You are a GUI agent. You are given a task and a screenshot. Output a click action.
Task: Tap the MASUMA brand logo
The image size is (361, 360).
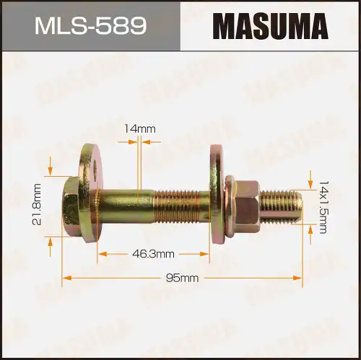(x=269, y=26)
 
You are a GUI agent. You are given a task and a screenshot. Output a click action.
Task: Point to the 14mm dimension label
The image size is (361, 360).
(x=139, y=128)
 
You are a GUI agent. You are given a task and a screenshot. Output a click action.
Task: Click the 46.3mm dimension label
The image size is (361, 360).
(x=154, y=253)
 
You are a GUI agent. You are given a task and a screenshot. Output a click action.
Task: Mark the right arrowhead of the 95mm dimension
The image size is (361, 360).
(x=297, y=277)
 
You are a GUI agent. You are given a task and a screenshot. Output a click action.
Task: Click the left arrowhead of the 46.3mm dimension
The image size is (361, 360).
(x=102, y=253)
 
